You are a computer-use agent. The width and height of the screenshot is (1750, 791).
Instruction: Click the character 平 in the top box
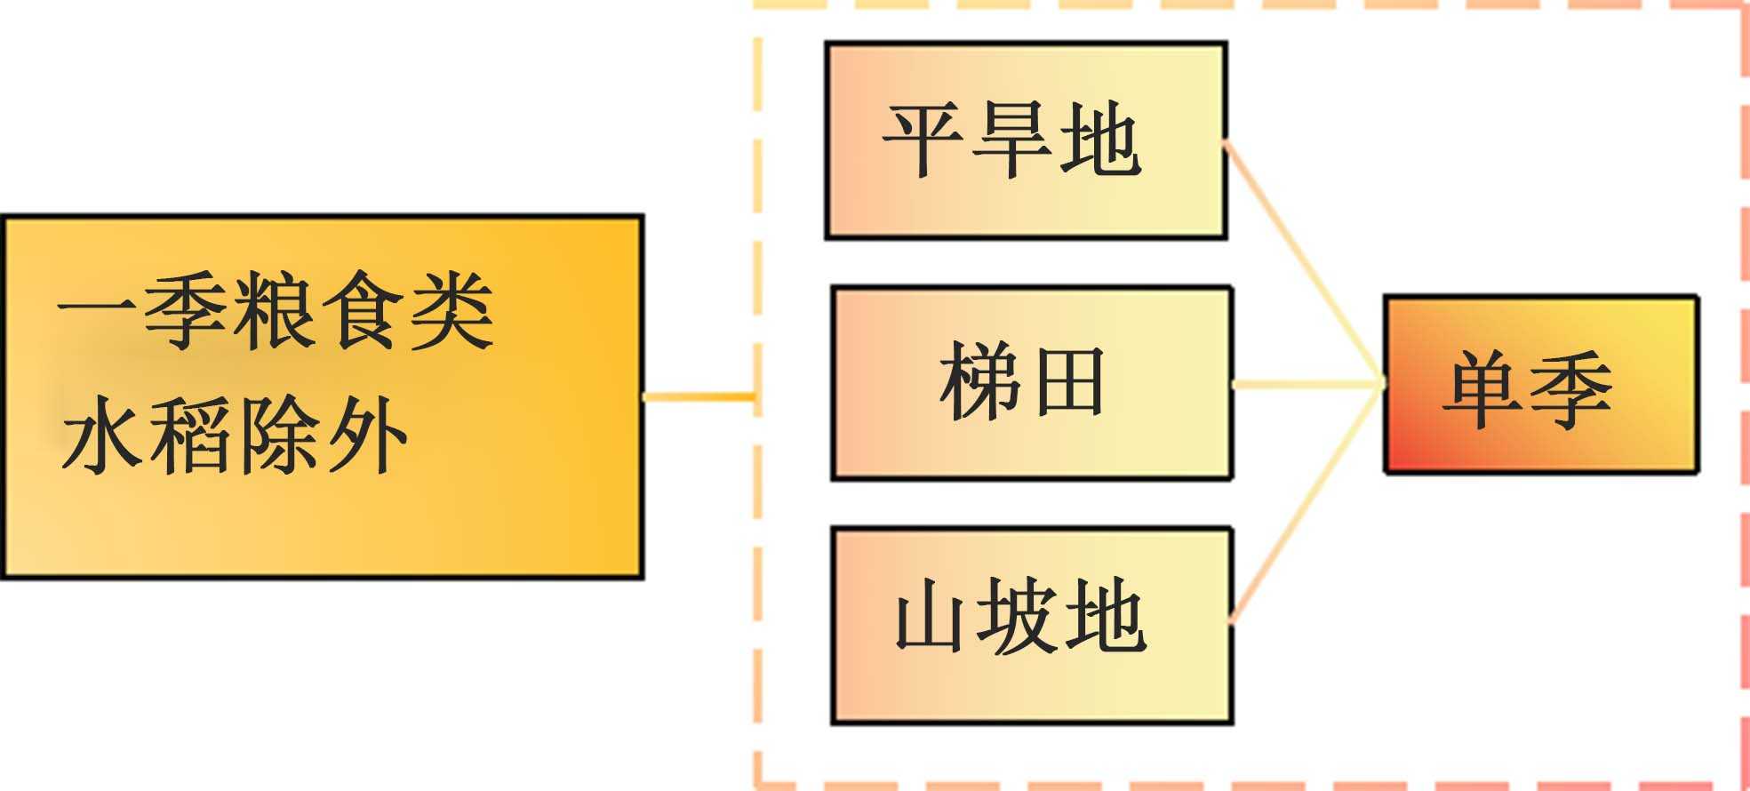tap(923, 140)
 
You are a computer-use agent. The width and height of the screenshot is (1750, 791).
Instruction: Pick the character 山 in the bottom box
tap(930, 616)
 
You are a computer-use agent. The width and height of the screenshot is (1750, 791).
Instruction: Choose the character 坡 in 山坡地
tap(1018, 616)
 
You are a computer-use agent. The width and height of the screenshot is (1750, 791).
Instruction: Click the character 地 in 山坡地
tap(1105, 616)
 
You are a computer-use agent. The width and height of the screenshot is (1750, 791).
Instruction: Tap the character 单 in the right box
tap(1483, 388)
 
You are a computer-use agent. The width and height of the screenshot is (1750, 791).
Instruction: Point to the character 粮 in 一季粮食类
tap(274, 311)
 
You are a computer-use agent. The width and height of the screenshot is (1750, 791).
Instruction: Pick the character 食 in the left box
tap(362, 311)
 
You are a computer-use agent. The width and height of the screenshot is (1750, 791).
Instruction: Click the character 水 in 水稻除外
tap(103, 435)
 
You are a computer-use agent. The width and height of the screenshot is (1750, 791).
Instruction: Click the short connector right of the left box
tap(699, 396)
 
